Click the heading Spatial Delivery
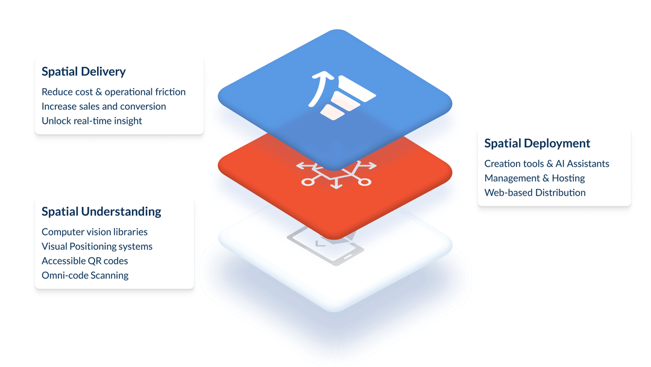pyautogui.click(x=83, y=72)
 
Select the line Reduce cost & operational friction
pyautogui.click(x=113, y=92)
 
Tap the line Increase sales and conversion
pyautogui.click(x=104, y=106)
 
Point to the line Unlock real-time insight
pyautogui.click(x=92, y=121)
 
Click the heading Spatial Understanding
pyautogui.click(x=101, y=212)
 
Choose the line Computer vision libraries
pyautogui.click(x=95, y=232)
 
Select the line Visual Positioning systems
pyautogui.click(x=97, y=246)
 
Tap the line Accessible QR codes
pyautogui.click(x=85, y=261)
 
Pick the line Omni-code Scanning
pyautogui.click(x=85, y=275)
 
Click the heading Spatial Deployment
pyautogui.click(x=537, y=144)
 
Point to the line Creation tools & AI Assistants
pyautogui.click(x=547, y=164)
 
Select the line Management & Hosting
pyautogui.click(x=535, y=178)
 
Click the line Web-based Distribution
pyautogui.click(x=535, y=193)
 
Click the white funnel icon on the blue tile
pyautogui.click(x=347, y=98)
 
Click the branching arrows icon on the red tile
pyautogui.click(x=336, y=174)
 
